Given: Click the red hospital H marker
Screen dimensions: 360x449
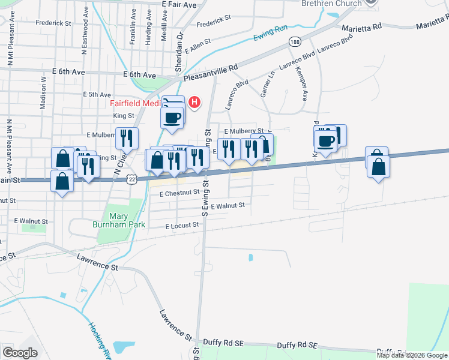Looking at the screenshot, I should pyautogui.click(x=194, y=103).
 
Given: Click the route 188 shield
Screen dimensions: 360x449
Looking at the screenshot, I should pyautogui.click(x=294, y=41).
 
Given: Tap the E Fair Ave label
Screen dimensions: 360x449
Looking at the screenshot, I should pyautogui.click(x=179, y=5).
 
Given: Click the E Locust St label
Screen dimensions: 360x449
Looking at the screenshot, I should pyautogui.click(x=182, y=226).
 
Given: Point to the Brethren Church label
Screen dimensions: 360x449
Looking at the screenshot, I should pyautogui.click(x=331, y=4).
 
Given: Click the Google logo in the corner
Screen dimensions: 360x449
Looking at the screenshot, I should pyautogui.click(x=20, y=353).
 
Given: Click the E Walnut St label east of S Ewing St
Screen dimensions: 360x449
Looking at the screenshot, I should pyautogui.click(x=228, y=205).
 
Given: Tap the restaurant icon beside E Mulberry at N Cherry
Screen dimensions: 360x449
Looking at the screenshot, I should pyautogui.click(x=127, y=138).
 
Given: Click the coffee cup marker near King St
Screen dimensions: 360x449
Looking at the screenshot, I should pyautogui.click(x=172, y=116).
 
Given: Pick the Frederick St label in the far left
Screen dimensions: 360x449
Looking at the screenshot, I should pyautogui.click(x=53, y=23).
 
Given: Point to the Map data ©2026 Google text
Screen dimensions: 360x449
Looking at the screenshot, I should pyautogui.click(x=411, y=355).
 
